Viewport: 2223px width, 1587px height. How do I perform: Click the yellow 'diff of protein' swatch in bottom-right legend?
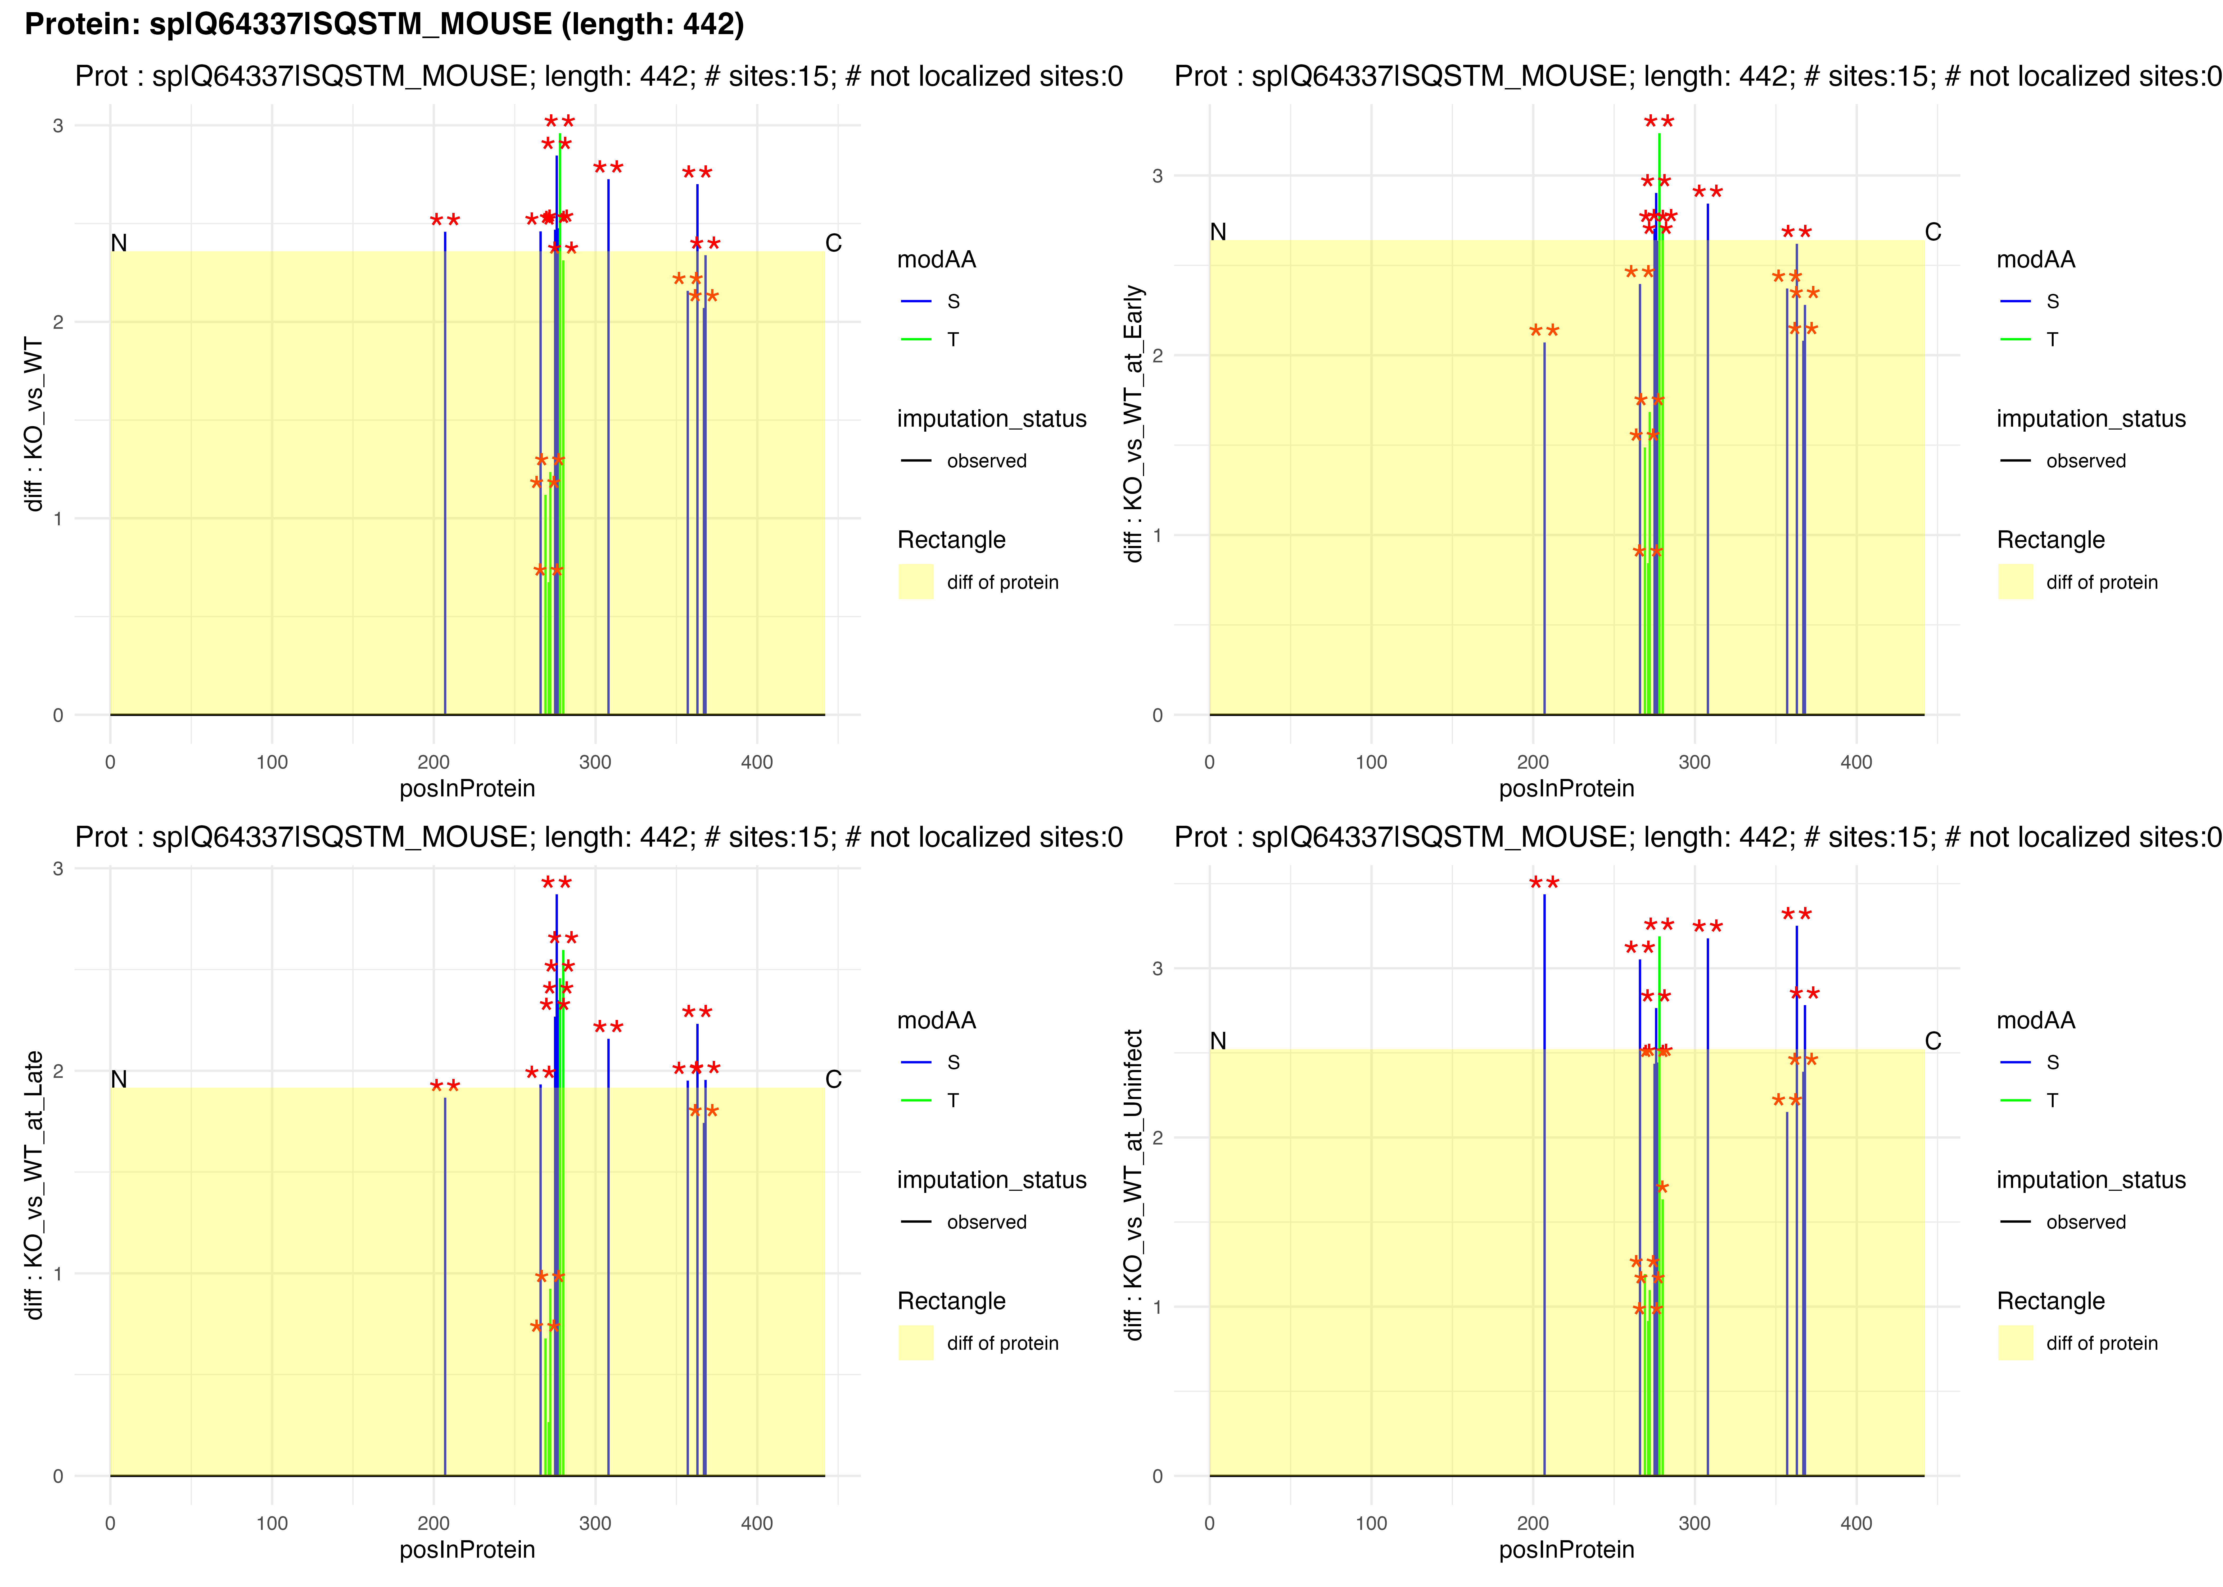click(x=2015, y=1343)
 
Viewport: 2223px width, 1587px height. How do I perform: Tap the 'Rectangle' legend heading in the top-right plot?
click(x=2050, y=540)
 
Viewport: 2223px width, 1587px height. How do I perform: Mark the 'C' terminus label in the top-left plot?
click(x=833, y=242)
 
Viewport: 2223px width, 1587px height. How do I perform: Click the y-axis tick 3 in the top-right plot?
click(x=1158, y=176)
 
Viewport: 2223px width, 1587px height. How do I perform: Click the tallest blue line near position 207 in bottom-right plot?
click(x=1544, y=1173)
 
